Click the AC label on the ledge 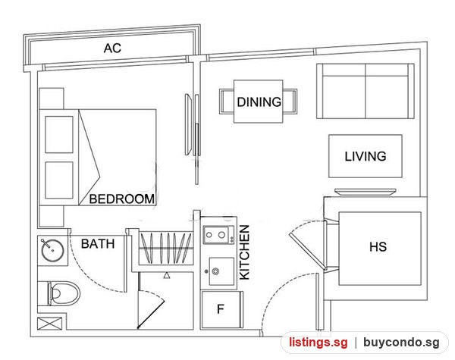click(x=112, y=49)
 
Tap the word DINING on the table click(x=259, y=102)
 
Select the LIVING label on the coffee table click(x=366, y=156)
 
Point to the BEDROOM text click(x=122, y=199)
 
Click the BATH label click(x=98, y=244)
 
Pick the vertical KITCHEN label click(x=244, y=252)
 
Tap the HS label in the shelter click(x=378, y=247)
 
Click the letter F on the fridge click(x=221, y=309)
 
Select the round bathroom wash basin click(x=52, y=250)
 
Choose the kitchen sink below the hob click(x=221, y=271)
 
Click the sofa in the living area click(x=366, y=91)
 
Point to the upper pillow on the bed click(x=59, y=135)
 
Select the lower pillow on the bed click(x=59, y=180)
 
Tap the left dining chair click(x=227, y=102)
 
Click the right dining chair click(x=290, y=102)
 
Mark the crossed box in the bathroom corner click(x=49, y=324)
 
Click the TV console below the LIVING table click(x=366, y=192)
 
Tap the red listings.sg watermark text click(x=318, y=343)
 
